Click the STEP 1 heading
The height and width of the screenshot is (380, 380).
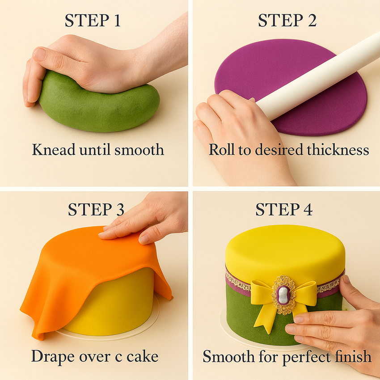[93, 21]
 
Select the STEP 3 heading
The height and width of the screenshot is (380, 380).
[96, 209]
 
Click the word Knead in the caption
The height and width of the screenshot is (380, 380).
[50, 150]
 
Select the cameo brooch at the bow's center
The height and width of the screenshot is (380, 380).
[283, 294]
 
